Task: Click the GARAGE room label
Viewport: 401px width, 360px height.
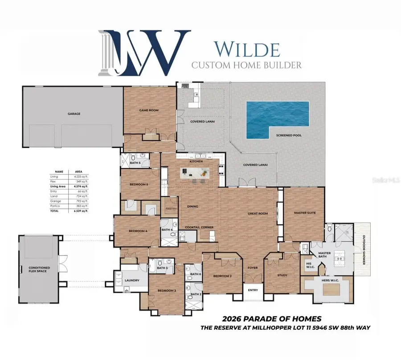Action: tap(74, 114)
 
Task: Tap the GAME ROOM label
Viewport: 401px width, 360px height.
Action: tap(149, 110)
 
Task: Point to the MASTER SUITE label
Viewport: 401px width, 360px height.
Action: tap(305, 213)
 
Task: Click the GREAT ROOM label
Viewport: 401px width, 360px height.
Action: tap(258, 214)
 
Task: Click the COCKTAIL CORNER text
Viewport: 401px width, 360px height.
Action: tap(199, 227)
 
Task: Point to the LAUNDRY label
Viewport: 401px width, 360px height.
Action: tap(132, 280)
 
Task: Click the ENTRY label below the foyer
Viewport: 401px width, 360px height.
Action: tap(253, 290)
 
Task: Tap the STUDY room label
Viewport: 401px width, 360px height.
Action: tap(282, 275)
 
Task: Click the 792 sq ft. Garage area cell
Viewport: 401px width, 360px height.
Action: tap(81, 201)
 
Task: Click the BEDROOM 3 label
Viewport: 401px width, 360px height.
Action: tap(166, 290)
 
